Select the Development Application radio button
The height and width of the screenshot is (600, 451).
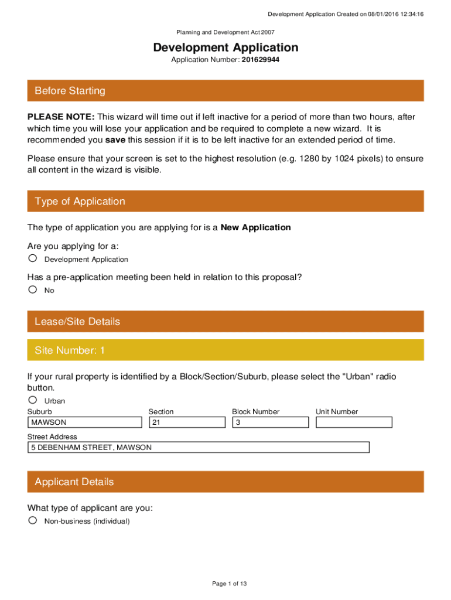coord(33,258)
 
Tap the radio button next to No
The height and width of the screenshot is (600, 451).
coord(33,289)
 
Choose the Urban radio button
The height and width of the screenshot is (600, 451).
coord(33,400)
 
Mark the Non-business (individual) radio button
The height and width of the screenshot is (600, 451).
coord(33,520)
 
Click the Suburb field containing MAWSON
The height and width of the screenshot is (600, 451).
coord(85,422)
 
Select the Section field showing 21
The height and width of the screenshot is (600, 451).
coord(187,422)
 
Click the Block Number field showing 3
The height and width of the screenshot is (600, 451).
coord(270,422)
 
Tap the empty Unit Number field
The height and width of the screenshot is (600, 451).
coord(354,422)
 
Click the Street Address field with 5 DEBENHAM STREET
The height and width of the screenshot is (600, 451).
coord(199,448)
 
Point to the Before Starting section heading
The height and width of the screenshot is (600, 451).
coord(70,91)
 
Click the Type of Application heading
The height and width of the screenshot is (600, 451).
coord(80,202)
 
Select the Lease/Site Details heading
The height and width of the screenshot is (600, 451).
coord(77,322)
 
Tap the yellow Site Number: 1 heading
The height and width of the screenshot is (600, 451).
coord(70,350)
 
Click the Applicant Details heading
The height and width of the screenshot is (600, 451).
coord(74,482)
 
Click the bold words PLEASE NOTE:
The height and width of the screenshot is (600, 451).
coord(61,117)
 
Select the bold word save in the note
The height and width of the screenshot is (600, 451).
coord(115,140)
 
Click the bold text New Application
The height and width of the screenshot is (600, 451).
coord(255,227)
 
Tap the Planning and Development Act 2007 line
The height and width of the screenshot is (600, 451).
coord(225,33)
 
